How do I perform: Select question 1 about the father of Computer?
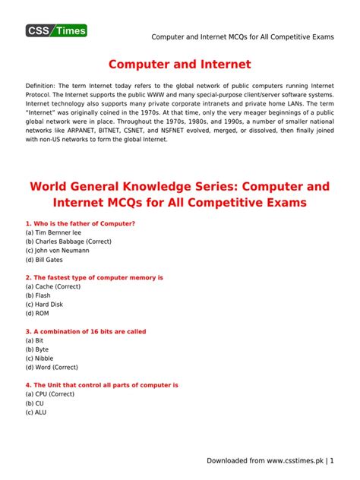click(x=81, y=223)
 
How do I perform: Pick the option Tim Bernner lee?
click(x=53, y=232)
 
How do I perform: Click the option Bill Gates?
click(x=45, y=259)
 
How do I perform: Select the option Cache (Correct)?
click(x=52, y=286)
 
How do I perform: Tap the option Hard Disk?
click(x=46, y=304)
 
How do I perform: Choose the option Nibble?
click(x=43, y=358)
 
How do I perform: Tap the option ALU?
click(x=39, y=412)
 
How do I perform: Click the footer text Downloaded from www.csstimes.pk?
click(x=268, y=460)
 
